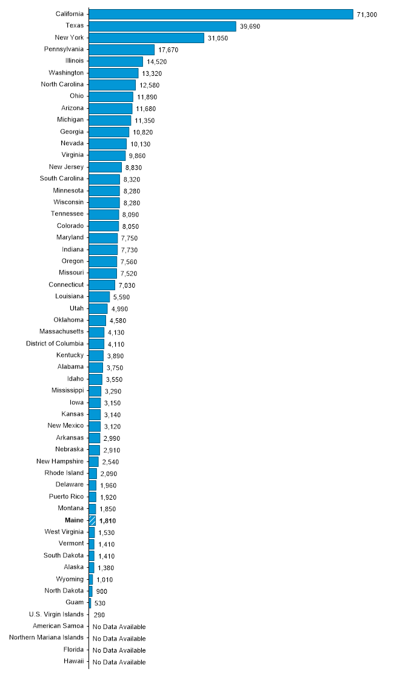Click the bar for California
[x=221, y=14]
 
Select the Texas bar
[x=162, y=26]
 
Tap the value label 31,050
[x=219, y=38]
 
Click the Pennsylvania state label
[x=64, y=49]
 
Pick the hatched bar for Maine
[x=92, y=520]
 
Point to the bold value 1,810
[x=107, y=521]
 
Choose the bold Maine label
[x=75, y=520]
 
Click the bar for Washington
[x=113, y=73]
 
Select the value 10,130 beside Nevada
[x=140, y=144]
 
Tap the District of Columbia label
[x=55, y=344]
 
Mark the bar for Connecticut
[x=102, y=285]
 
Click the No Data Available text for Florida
[x=119, y=650]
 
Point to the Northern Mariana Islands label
[x=47, y=637]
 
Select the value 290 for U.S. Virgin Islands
[x=99, y=615]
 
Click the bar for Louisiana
[x=99, y=297]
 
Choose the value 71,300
[x=367, y=15]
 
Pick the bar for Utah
[x=98, y=308]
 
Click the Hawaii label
[x=73, y=662]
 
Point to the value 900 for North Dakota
[x=101, y=591]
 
